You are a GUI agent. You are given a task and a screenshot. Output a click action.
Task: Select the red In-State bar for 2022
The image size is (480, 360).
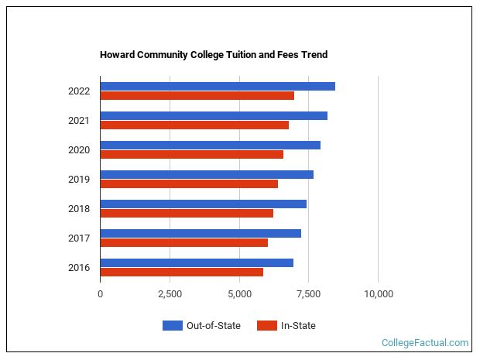(x=197, y=96)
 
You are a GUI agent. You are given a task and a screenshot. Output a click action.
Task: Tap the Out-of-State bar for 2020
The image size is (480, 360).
(x=210, y=145)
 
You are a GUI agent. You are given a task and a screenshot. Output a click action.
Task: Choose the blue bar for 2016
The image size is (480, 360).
(x=197, y=262)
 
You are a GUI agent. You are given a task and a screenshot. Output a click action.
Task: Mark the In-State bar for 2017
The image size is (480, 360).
(x=183, y=243)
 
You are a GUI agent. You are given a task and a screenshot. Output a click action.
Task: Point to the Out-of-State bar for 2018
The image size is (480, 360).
(x=203, y=204)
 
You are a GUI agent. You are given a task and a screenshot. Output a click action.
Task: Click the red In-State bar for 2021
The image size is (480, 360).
(x=194, y=125)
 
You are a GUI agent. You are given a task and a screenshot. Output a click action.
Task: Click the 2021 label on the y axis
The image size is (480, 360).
(x=79, y=121)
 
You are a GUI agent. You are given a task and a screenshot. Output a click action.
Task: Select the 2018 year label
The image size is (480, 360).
(x=79, y=209)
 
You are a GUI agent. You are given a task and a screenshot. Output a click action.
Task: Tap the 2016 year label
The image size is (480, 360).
(x=79, y=268)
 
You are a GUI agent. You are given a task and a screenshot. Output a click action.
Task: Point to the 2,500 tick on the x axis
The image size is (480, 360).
(x=170, y=294)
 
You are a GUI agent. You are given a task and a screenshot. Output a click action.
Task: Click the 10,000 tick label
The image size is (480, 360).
(x=378, y=294)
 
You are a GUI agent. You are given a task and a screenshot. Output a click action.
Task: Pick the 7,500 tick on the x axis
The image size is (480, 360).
(x=308, y=294)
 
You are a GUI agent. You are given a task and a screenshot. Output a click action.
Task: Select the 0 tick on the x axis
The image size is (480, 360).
(x=101, y=294)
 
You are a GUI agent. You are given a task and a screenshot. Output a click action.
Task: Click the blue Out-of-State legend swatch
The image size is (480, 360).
(x=172, y=326)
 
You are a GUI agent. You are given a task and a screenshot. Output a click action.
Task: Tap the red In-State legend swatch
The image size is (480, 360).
(x=267, y=326)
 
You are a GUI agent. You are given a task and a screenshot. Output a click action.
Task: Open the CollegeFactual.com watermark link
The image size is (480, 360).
(x=425, y=343)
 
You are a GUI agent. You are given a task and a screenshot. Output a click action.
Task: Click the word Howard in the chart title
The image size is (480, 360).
(x=116, y=55)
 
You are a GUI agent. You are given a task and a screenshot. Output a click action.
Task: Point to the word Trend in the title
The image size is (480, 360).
(x=314, y=55)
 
